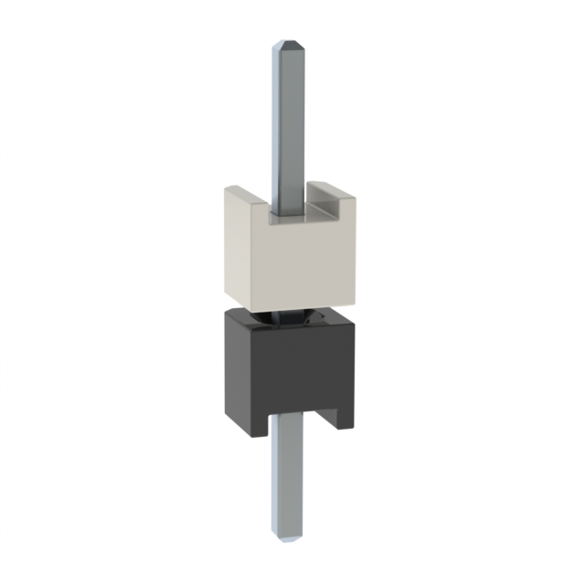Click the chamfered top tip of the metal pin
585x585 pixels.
290,44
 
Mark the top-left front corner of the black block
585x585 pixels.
226,320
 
